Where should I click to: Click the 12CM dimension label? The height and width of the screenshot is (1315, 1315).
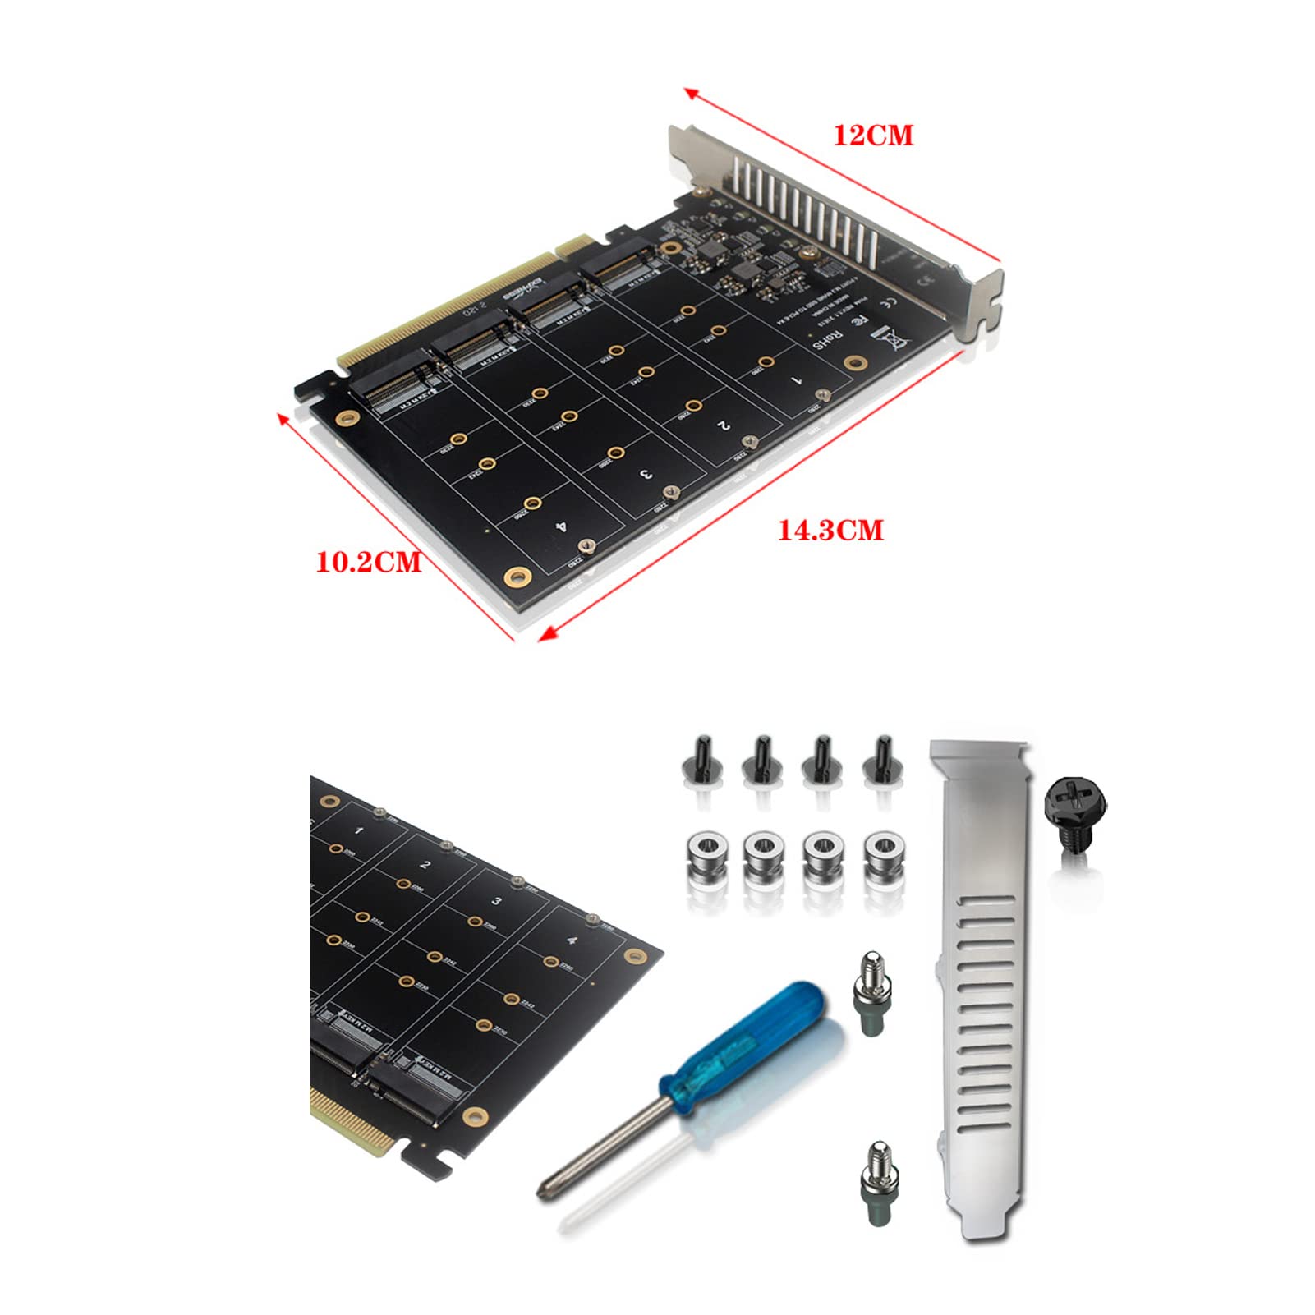click(x=873, y=136)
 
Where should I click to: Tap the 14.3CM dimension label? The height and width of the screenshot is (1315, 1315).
click(x=830, y=531)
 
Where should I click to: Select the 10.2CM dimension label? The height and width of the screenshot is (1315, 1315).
click(x=369, y=563)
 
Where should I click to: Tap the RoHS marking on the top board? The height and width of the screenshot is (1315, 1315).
click(x=828, y=339)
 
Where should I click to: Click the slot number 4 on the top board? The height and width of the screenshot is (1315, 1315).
click(x=561, y=526)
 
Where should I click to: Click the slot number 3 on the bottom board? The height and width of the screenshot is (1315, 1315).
click(x=496, y=901)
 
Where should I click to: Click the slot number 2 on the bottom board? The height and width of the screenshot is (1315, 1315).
click(x=425, y=865)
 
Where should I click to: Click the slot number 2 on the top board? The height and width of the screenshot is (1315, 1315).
click(x=723, y=425)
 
